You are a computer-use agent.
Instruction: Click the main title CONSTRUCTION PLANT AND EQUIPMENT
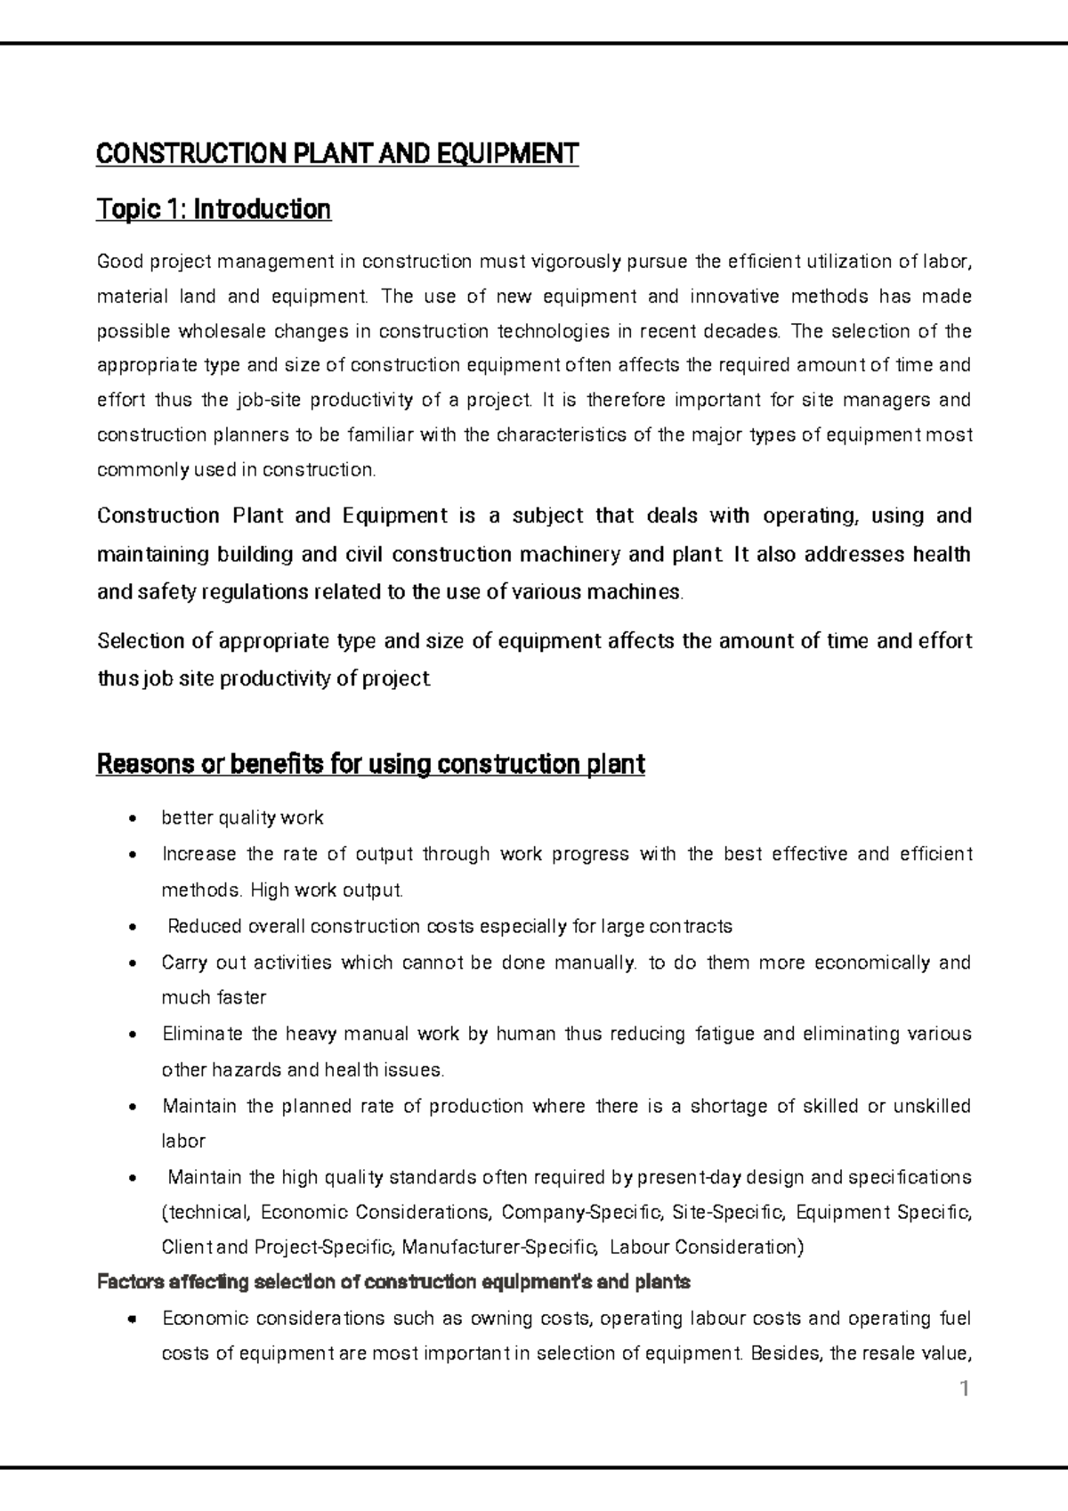[x=337, y=154]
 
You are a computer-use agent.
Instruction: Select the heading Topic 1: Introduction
[x=214, y=210]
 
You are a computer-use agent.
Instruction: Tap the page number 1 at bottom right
[x=963, y=1389]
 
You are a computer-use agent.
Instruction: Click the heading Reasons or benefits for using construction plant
[x=370, y=764]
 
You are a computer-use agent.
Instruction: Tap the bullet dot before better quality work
[x=133, y=819]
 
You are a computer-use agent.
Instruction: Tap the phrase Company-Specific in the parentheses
[x=582, y=1213]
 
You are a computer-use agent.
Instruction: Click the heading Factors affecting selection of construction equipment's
[x=392, y=1283]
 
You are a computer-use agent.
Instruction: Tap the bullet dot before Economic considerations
[x=133, y=1320]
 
